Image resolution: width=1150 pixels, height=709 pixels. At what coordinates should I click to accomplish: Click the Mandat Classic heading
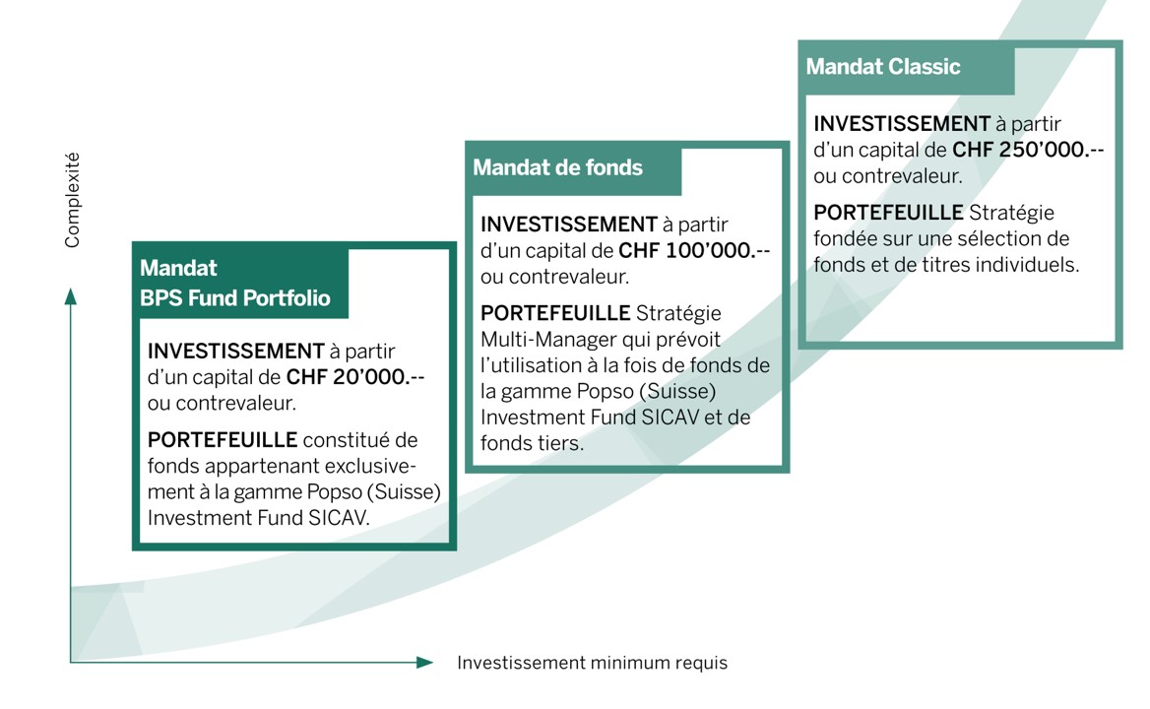pos(883,67)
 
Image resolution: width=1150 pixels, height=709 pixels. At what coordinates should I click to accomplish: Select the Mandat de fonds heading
pos(557,168)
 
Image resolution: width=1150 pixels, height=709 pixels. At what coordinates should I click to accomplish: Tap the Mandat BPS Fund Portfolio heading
pos(234,283)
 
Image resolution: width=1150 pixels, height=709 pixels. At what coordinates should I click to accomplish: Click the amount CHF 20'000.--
pos(355,377)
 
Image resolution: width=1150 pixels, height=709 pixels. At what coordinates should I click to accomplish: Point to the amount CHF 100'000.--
pos(694,251)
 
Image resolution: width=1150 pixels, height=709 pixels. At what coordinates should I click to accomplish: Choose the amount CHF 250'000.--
pos(1028,150)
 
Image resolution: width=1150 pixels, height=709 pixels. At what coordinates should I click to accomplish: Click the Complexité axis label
pos(72,200)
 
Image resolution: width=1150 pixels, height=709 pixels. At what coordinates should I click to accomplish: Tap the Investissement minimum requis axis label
pos(593,663)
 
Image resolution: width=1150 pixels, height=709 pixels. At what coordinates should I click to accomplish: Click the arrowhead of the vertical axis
pos(71,296)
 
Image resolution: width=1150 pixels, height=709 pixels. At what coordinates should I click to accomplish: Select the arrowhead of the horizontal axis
pos(424,662)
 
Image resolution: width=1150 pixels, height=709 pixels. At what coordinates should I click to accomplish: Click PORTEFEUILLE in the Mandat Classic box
pos(888,213)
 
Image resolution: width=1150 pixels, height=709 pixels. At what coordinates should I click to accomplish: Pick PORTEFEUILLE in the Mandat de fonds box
pos(555,313)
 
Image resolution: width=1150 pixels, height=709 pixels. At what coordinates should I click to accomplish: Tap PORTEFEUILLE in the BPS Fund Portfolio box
pos(223,440)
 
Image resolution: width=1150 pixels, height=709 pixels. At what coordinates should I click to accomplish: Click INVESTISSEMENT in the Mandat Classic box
pos(902,123)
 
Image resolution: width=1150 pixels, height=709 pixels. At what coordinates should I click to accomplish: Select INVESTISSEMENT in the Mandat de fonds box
pos(569,225)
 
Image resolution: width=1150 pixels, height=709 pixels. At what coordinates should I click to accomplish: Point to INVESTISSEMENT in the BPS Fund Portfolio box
pos(236,352)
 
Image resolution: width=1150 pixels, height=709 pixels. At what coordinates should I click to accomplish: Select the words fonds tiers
pos(533,443)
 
